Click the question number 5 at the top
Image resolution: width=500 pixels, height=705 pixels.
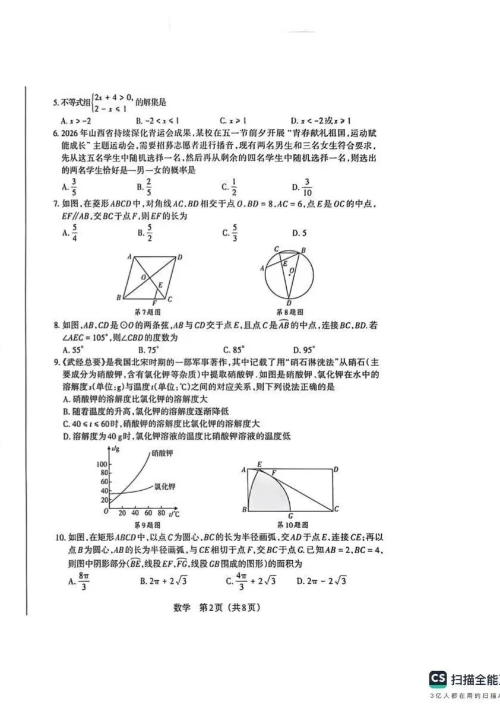coord(55,103)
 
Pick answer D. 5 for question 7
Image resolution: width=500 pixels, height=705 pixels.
coord(299,233)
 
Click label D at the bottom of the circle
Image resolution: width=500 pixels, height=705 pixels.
coord(289,303)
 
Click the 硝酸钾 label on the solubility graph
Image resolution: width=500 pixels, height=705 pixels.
coord(163,453)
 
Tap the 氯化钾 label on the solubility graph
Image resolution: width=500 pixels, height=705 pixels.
coord(164,487)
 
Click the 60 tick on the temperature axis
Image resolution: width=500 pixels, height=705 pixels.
coord(148,513)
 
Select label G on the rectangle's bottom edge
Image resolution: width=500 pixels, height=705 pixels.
coord(290,515)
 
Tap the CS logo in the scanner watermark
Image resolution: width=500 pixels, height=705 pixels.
coord(438,679)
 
